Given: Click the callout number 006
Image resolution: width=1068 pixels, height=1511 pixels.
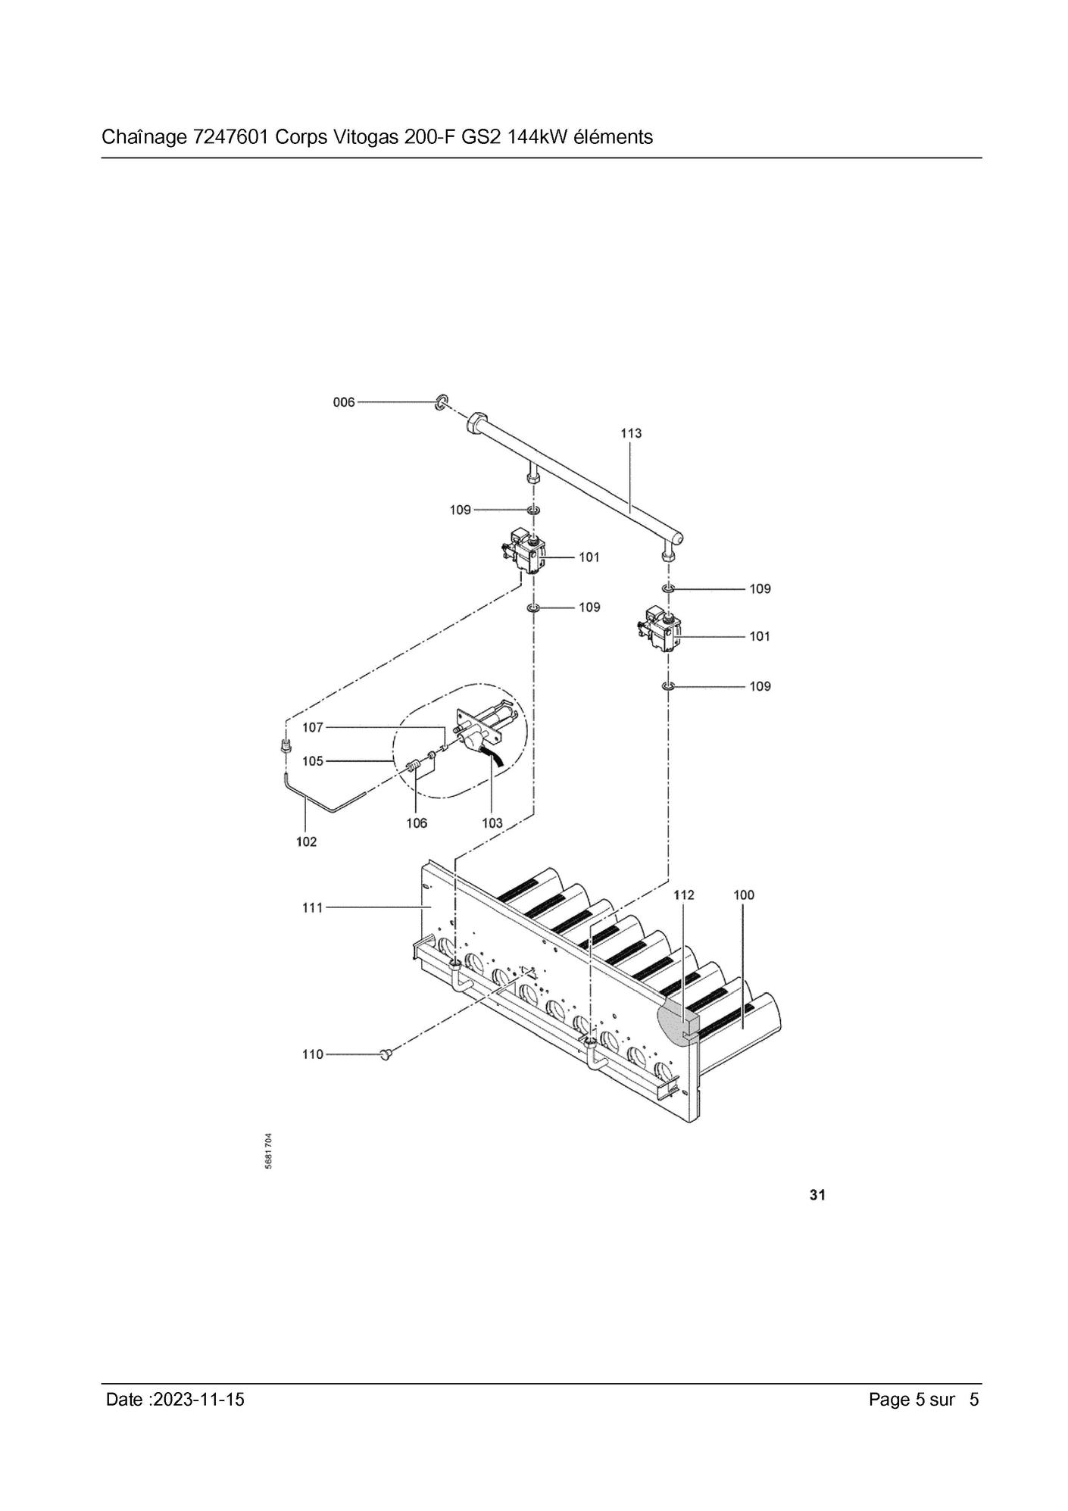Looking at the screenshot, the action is point(344,402).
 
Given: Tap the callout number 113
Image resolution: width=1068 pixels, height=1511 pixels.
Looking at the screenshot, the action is point(631,433).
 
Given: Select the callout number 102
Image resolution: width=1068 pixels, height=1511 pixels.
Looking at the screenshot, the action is point(307,842).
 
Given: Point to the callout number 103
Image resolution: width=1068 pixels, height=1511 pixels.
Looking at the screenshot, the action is point(492,823).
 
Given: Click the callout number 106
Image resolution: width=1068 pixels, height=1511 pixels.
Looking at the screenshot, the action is point(417,823).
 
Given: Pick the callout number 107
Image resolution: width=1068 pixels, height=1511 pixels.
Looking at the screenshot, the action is point(313,728).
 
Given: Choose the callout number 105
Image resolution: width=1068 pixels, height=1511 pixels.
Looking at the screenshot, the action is point(313,761).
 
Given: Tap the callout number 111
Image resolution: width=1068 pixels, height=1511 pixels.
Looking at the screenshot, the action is point(313,907).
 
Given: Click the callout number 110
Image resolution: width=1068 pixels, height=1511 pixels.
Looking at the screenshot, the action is point(313,1054).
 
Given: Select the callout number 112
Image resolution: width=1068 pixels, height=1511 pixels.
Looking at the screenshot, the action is point(684,895).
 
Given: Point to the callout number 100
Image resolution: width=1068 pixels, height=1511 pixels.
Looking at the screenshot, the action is point(744,895).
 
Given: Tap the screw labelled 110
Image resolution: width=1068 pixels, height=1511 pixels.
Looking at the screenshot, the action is point(387,1054).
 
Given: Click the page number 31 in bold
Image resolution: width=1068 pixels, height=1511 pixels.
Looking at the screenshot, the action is point(817,1195).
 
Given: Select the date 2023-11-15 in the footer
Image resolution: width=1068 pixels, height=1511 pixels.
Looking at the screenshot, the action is point(198,1400).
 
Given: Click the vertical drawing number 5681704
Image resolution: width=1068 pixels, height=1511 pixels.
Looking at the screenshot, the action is point(268,1151).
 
